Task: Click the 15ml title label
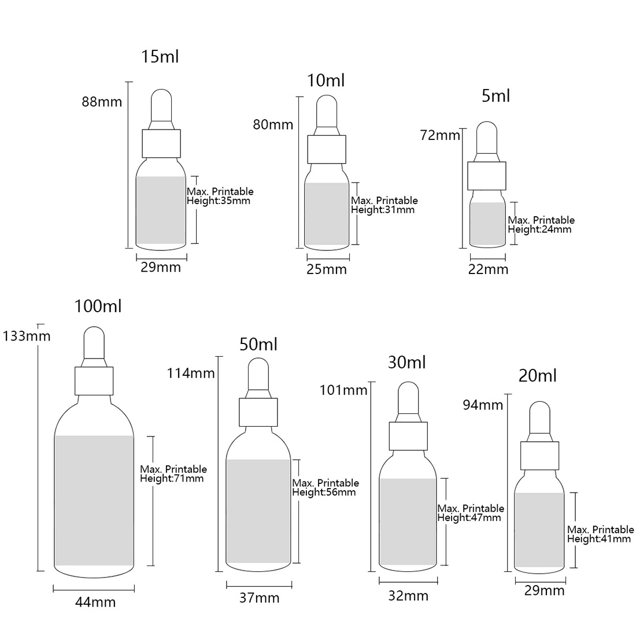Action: (160, 57)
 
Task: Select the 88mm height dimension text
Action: (102, 101)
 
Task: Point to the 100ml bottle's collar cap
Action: (94, 381)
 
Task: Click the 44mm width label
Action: (95, 602)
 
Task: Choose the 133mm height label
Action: (27, 336)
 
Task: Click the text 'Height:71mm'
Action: (172, 478)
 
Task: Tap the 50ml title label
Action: (258, 344)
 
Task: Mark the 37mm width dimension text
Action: (259, 598)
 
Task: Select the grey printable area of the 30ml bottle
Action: (408, 522)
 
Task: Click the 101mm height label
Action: (343, 390)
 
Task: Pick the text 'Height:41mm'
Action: (598, 539)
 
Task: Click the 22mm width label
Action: (488, 269)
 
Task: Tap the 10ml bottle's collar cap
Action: (327, 149)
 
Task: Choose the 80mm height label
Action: (273, 124)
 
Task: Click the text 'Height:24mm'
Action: (539, 229)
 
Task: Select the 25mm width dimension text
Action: (327, 269)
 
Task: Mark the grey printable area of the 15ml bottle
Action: (161, 210)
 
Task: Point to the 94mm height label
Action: (483, 405)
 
